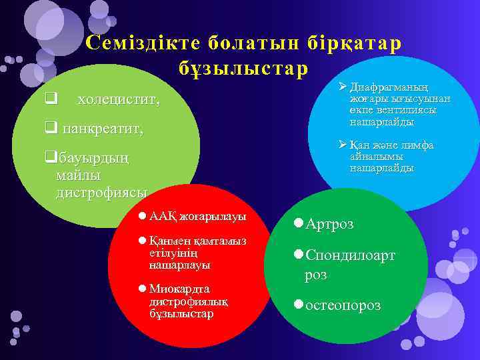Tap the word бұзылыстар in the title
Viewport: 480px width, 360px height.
(243, 68)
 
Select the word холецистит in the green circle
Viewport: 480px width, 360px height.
(118, 101)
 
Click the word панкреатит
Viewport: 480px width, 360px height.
(103, 129)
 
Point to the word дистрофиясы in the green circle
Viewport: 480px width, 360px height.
(102, 193)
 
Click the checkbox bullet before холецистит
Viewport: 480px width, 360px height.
(49, 101)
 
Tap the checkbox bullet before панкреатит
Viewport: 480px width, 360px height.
(50, 129)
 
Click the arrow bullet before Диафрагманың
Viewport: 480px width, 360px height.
(342, 86)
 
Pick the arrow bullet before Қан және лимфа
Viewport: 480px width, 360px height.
(342, 145)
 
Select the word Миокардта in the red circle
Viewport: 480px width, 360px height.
(179, 289)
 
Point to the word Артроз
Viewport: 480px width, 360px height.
(329, 223)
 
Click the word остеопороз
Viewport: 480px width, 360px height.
(343, 305)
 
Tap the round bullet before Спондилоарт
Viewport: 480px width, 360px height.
(299, 254)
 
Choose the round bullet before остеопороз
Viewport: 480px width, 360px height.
(299, 305)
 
